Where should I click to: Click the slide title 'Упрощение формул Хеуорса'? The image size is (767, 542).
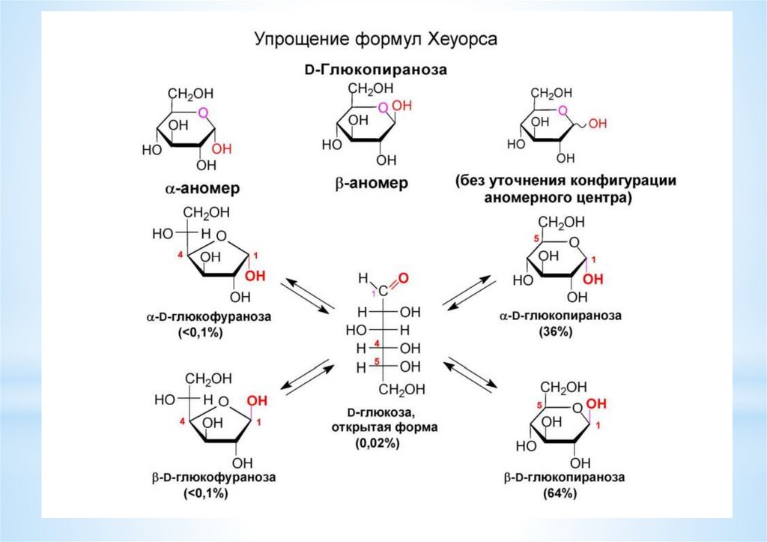(x=376, y=39)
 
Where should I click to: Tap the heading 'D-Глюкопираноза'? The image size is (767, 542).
(x=376, y=70)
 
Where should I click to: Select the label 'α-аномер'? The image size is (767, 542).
(x=202, y=188)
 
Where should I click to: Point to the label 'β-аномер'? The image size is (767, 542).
(x=372, y=184)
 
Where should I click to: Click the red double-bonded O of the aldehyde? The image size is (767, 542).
(x=404, y=279)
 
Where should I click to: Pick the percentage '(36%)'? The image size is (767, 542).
(x=555, y=331)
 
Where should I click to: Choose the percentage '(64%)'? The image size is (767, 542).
(x=560, y=493)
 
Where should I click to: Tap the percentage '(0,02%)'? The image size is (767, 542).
(x=378, y=443)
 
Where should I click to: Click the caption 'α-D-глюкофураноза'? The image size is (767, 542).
(x=208, y=317)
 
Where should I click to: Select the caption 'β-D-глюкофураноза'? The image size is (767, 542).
(x=213, y=478)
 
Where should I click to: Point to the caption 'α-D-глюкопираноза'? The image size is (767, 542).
(x=560, y=316)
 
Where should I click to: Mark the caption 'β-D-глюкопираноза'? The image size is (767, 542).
(x=564, y=477)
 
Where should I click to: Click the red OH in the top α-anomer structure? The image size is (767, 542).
(x=222, y=149)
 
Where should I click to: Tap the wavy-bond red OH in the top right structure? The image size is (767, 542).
(x=597, y=124)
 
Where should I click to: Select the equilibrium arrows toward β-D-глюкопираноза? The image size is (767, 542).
(x=470, y=374)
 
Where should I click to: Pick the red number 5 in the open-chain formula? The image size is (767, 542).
(x=376, y=361)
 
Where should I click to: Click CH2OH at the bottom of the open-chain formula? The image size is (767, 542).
(x=401, y=389)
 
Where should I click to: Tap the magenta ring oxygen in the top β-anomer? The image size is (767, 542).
(x=383, y=107)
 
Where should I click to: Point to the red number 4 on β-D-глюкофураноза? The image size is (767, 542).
(x=183, y=421)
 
